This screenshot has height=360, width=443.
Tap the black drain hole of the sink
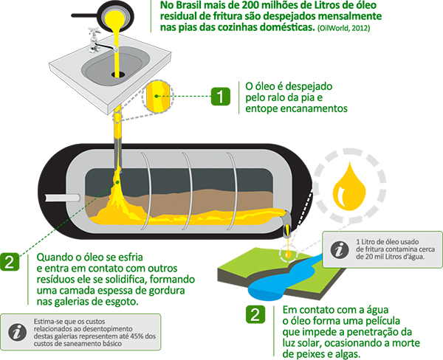tap(118, 75)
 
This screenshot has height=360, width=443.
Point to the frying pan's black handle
tap(84, 15)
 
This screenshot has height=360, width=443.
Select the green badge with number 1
tap(220, 97)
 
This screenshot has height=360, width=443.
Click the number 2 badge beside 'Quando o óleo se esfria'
tap(10, 262)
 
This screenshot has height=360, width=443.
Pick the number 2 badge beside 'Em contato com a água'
tap(255, 314)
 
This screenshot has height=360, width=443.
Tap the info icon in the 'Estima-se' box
tap(18, 332)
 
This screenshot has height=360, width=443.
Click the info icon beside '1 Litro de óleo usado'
tap(340, 249)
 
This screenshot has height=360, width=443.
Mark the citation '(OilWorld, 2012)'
tap(343, 28)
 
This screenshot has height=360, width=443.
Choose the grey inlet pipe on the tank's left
tap(63, 198)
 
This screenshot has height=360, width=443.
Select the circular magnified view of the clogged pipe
tap(158, 97)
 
